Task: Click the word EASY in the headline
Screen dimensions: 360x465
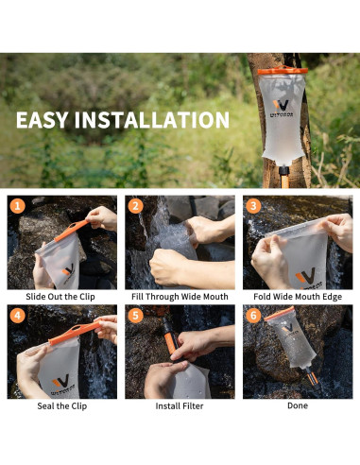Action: (x=43, y=120)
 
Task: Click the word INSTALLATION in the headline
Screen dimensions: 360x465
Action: (x=152, y=120)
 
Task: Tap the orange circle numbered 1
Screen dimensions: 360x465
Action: (x=18, y=206)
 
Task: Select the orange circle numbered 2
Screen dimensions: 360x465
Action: (x=135, y=206)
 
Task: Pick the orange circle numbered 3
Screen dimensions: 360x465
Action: (x=253, y=206)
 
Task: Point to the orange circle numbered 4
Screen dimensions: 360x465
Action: (x=18, y=316)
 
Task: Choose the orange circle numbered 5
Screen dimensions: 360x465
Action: (x=135, y=316)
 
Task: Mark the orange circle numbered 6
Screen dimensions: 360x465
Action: (x=253, y=316)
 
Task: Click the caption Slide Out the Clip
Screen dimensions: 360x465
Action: (x=60, y=297)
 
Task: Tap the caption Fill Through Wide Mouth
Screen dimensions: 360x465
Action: (x=180, y=297)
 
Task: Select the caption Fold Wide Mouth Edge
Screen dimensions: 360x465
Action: (x=298, y=297)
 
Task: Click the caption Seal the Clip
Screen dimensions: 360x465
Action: (x=62, y=405)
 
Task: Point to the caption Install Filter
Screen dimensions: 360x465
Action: (x=180, y=405)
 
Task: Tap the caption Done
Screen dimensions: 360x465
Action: (x=298, y=405)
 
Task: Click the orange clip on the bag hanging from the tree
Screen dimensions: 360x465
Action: (x=283, y=71)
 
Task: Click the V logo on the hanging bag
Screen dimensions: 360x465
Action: (x=282, y=105)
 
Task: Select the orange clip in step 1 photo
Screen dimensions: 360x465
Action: (x=72, y=230)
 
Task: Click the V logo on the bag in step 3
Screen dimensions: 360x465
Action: (x=305, y=276)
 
